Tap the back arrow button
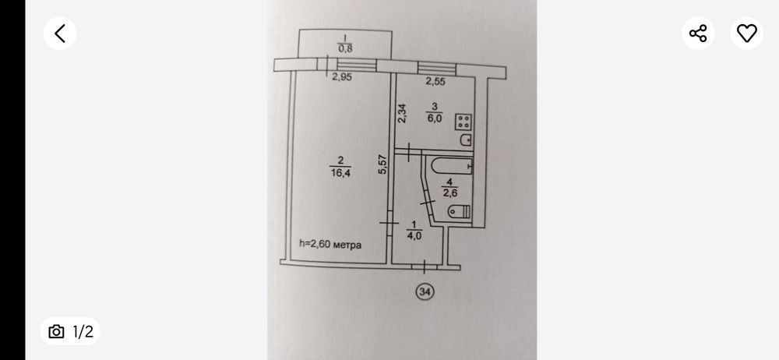point(60,33)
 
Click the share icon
point(698,33)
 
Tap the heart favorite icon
point(746,33)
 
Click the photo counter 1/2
point(83,332)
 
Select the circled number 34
point(425,291)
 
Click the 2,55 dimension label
point(435,80)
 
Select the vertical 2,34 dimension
point(403,114)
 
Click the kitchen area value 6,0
point(434,118)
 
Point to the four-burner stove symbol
point(465,122)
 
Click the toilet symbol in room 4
point(459,211)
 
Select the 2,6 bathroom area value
point(450,192)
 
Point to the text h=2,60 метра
point(330,244)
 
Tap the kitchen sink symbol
point(466,140)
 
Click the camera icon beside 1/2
point(56,332)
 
